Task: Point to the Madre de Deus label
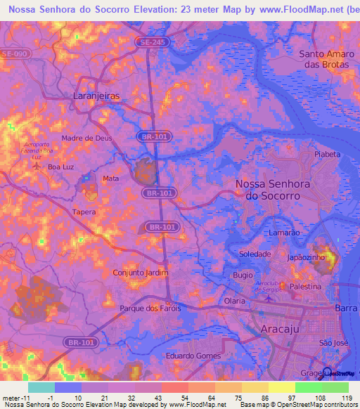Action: (x=86, y=138)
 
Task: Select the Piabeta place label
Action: (x=327, y=153)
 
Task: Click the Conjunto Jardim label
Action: (x=141, y=272)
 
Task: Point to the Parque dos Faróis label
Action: (x=150, y=309)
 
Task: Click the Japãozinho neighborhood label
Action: (x=304, y=258)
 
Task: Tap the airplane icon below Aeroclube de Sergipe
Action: (x=267, y=299)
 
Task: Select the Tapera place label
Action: (x=84, y=211)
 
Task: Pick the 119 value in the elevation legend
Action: (x=346, y=398)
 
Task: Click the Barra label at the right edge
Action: (x=347, y=307)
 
